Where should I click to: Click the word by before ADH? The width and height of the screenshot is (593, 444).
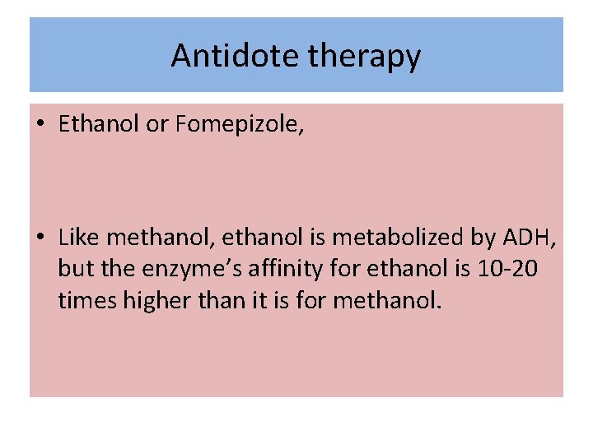coord(482,238)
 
